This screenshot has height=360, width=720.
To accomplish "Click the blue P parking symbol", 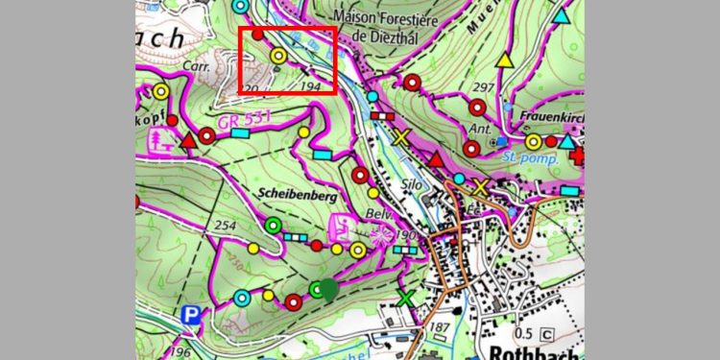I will [193, 315].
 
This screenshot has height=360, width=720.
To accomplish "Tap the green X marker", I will [406, 299].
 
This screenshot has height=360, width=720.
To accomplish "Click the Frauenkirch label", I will [551, 124].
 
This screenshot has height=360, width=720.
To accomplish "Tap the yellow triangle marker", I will [504, 60].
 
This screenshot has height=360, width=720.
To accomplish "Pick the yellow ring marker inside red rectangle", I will [278, 57].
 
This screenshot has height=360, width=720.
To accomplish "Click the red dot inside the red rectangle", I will [257, 35].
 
